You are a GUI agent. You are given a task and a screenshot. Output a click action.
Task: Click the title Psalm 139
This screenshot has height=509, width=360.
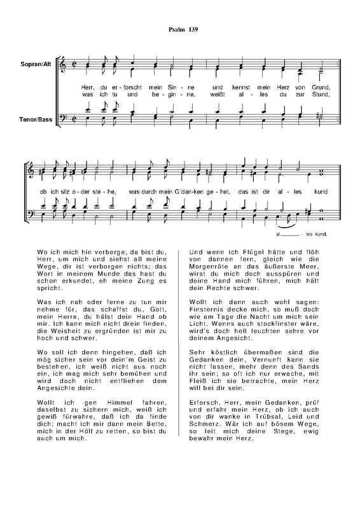[180, 30]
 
